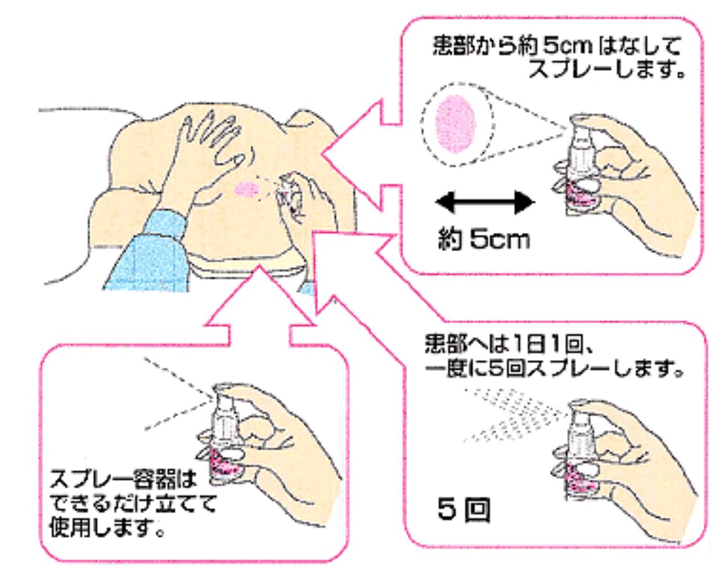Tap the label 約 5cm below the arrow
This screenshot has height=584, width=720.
(484, 240)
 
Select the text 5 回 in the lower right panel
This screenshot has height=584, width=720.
(463, 511)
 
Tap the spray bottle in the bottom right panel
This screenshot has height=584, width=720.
(579, 449)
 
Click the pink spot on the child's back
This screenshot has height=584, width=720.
(247, 188)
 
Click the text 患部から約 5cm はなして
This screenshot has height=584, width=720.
(557, 47)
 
